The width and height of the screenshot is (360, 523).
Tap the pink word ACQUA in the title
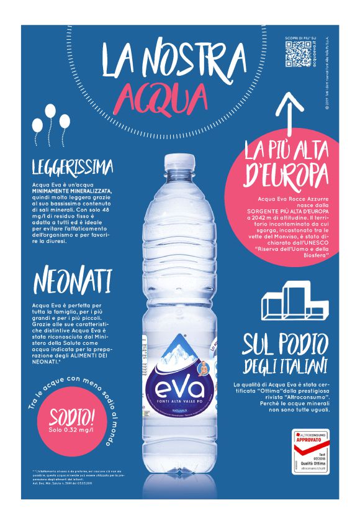(x=163, y=96)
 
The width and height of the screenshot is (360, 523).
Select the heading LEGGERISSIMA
(x=73, y=167)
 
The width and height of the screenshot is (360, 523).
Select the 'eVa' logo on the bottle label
(x=178, y=390)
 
